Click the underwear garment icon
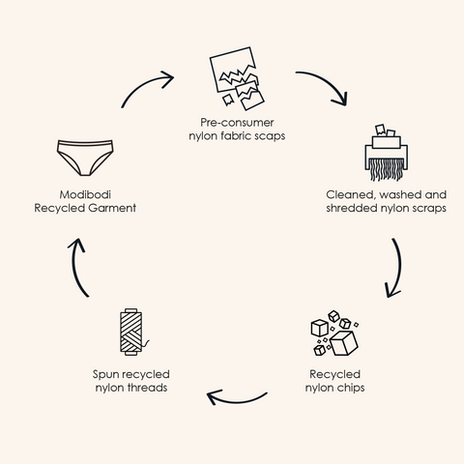85,158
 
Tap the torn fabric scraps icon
237,78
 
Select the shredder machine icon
386,153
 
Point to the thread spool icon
132,332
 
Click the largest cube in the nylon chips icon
344,343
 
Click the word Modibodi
85,194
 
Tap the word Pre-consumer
237,123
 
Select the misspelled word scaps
270,136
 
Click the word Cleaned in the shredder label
352,195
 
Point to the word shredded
352,208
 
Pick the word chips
350,388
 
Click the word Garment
112,208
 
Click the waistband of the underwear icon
85,143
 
